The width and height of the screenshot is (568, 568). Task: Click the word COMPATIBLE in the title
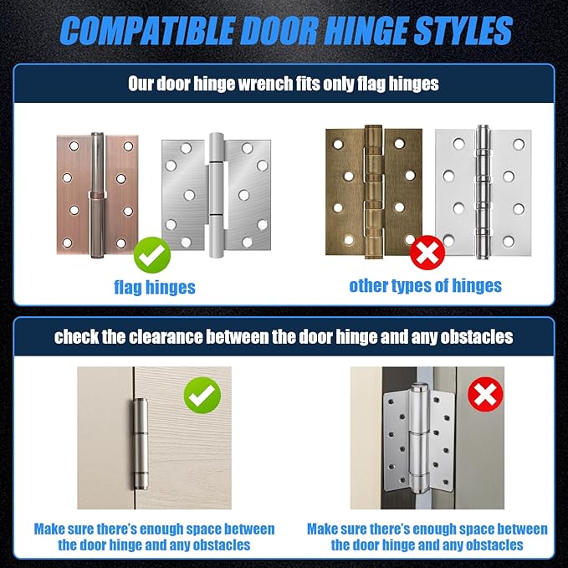[146, 30]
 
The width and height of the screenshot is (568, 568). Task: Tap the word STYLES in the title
[463, 30]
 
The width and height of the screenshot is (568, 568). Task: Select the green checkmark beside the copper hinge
[152, 254]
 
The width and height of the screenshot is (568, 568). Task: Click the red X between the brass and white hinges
[427, 253]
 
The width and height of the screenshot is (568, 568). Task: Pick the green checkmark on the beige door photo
[202, 395]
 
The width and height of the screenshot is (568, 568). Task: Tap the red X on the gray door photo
[485, 394]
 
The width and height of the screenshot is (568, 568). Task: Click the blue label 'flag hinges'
[155, 287]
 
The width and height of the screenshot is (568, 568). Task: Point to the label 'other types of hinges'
[425, 286]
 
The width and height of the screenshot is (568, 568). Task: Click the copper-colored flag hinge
[97, 195]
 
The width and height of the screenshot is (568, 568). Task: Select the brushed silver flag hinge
[217, 195]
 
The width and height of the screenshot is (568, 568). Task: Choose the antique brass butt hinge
[374, 192]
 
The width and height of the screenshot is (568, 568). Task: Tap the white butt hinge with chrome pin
[484, 192]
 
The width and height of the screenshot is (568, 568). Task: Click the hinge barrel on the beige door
[141, 443]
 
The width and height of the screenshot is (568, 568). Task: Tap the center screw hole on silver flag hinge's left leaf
[189, 195]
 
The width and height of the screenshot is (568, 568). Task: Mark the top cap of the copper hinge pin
[97, 135]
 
